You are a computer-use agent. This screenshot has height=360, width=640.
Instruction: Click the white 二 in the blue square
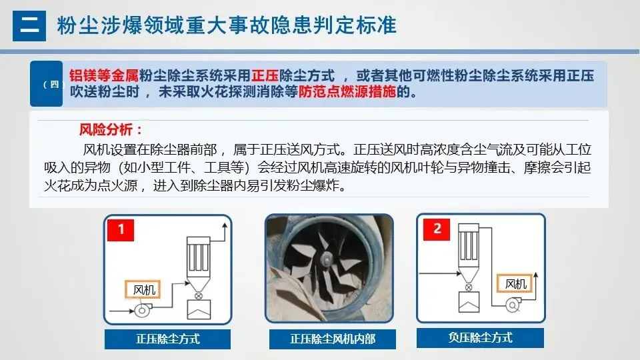pos(29,26)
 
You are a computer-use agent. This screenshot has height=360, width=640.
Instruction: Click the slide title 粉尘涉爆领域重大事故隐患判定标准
pos(227,25)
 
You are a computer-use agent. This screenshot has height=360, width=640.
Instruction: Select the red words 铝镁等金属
pos(104,75)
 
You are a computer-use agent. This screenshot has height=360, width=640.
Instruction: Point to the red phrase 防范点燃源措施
pos(347,92)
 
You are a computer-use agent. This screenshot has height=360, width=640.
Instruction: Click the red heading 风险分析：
pos(111,130)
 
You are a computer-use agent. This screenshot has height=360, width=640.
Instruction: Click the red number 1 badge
pos(121,229)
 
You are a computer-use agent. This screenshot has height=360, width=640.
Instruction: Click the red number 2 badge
pos(437,229)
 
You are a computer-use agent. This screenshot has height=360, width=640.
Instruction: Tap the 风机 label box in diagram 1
pos(143,289)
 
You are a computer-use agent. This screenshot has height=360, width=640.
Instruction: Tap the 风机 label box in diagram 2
pos(515,283)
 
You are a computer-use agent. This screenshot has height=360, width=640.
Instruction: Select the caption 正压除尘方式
pos(168,339)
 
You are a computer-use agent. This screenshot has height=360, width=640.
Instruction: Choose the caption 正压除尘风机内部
pos(333,339)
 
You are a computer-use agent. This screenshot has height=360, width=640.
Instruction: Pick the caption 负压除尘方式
pos(481,338)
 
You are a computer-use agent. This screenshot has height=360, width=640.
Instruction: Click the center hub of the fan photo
pos(327,258)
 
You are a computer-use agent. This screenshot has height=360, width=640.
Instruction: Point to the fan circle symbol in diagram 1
pos(141,311)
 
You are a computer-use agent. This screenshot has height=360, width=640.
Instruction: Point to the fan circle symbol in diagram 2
pos(513,305)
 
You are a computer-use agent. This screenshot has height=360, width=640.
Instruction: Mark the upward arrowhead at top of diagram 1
pos(225,225)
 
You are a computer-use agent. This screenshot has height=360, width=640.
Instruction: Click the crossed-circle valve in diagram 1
pos(199,296)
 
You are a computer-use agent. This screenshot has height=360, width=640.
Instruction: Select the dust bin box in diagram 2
pos(468,301)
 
